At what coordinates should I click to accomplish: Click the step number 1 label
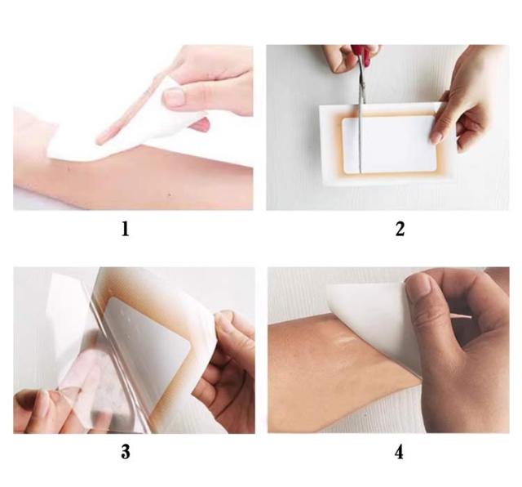coord(125,229)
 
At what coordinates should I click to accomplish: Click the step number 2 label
coord(400,229)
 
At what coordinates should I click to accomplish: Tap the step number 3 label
coord(126,452)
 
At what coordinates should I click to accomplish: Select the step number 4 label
coord(399,453)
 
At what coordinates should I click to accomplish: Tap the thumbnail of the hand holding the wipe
coord(175,97)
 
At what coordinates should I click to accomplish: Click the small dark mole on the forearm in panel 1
coord(170,194)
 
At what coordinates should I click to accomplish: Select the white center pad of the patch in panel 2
coord(389,145)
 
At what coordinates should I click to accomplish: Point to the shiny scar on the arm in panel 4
coord(345,340)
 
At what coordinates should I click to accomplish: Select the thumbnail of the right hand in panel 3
coord(227,321)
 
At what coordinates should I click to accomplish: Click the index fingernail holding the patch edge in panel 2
coord(436,137)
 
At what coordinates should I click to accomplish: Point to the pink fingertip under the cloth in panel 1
coord(201,125)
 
